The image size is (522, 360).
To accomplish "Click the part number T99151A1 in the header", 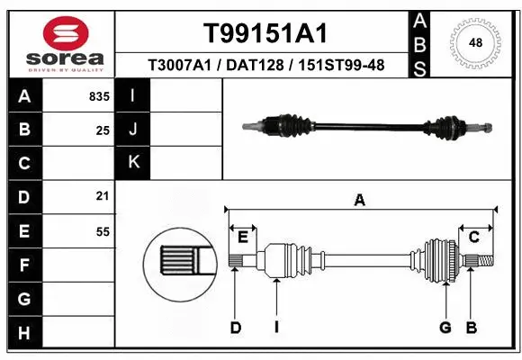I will [x=264, y=33].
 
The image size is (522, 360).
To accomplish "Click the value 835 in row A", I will [x=99, y=96].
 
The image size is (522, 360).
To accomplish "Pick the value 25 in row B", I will [x=103, y=130].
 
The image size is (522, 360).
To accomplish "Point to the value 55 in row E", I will [x=103, y=231].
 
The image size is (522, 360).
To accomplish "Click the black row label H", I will [x=24, y=333].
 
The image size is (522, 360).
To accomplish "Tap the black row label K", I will [x=133, y=163].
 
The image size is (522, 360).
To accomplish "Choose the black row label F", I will [x=24, y=265].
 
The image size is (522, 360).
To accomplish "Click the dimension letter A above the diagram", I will [x=360, y=202].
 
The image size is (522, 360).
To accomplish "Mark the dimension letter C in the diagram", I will [x=473, y=237].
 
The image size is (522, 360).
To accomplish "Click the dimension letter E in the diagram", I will [x=243, y=237].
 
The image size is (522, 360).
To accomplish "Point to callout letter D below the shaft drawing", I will [x=235, y=328].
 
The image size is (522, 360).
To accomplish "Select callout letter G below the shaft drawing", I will [x=445, y=328].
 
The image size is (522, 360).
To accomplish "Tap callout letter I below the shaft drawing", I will [x=276, y=328].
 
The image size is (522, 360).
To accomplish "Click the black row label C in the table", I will [x=24, y=164].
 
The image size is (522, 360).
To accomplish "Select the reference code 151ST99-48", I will [x=346, y=66].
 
